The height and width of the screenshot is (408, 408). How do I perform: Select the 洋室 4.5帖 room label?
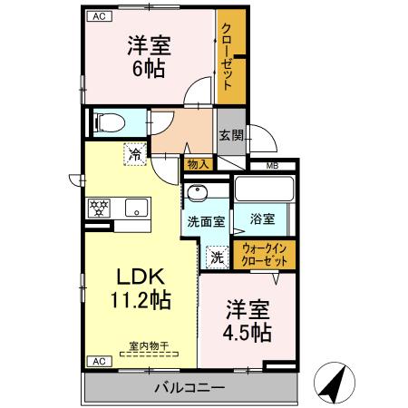pos(247,320)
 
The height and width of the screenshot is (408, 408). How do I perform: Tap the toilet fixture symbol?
pos(108,121)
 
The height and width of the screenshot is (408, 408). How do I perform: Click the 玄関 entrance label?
pos(229,136)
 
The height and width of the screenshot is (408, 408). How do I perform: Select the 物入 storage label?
pos(199,164)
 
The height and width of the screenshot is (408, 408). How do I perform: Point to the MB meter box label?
pos(272,166)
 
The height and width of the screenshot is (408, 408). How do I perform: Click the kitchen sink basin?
pos(135,208)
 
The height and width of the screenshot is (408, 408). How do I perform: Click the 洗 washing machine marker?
pos(217,257)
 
